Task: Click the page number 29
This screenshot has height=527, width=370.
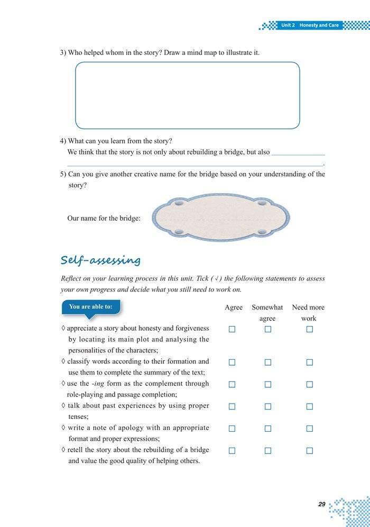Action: click(x=322, y=504)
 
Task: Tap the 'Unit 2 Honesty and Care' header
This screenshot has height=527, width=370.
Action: click(x=309, y=25)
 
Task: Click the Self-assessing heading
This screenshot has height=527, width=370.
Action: click(x=100, y=260)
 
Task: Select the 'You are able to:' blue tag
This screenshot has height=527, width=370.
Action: click(x=91, y=307)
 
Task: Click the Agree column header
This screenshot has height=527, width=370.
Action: click(x=234, y=307)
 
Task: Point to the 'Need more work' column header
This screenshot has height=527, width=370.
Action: click(x=308, y=313)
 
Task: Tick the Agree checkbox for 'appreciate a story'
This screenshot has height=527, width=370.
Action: click(x=232, y=329)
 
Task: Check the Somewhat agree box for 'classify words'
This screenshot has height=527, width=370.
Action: click(x=267, y=362)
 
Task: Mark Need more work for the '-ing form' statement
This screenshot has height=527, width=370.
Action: click(x=310, y=385)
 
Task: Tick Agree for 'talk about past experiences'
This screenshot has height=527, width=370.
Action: click(x=232, y=406)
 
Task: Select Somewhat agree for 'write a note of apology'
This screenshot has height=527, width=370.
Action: click(x=267, y=429)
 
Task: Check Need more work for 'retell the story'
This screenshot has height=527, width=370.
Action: click(x=310, y=451)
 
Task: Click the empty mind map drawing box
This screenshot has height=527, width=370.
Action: click(x=187, y=95)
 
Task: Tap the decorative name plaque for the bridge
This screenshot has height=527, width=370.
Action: click(x=220, y=217)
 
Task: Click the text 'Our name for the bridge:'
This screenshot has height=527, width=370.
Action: click(x=104, y=218)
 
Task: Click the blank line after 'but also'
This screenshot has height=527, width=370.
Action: click(x=298, y=153)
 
